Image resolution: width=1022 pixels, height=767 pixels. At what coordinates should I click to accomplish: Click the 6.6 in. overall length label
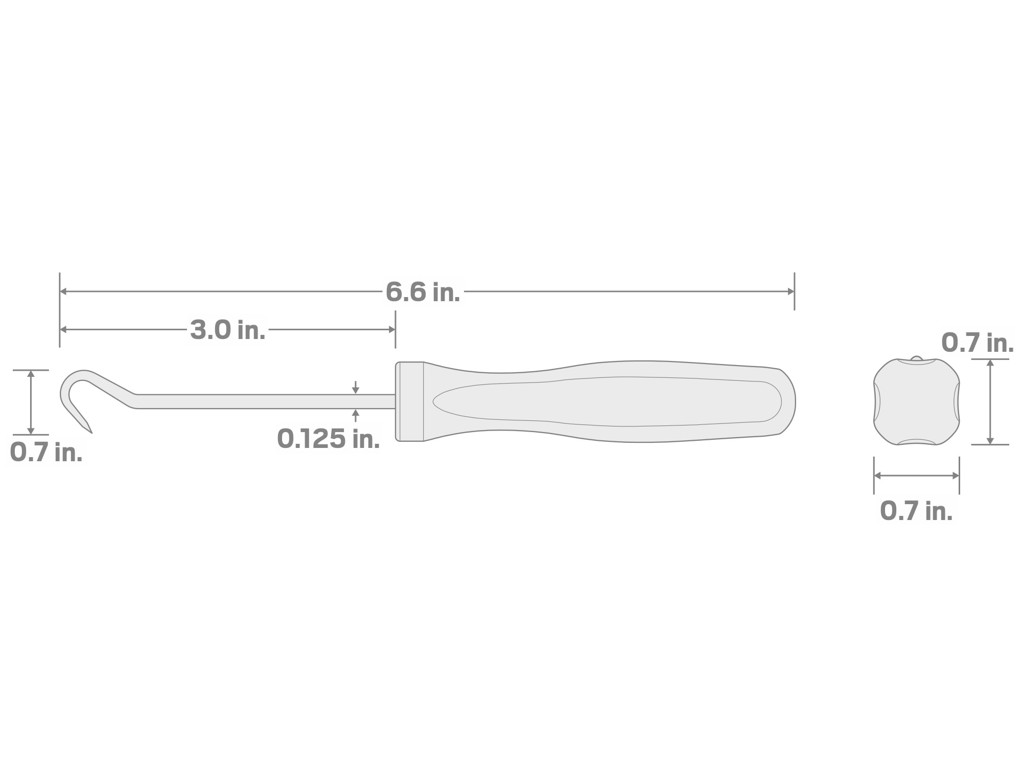point(423,292)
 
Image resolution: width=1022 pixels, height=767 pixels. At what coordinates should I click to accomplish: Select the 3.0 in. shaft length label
point(228,330)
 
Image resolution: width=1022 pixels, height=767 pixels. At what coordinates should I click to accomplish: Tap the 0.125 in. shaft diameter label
point(329,439)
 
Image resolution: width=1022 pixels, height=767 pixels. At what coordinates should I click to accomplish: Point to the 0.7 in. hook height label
point(46,453)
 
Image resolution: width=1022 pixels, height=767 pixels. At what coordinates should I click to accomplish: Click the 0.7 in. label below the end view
point(916,511)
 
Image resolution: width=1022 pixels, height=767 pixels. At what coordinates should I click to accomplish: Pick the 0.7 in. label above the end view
point(978,343)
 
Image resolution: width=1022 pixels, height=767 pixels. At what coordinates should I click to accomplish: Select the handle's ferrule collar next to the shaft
point(410,401)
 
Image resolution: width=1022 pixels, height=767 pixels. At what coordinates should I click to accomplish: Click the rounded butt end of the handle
point(790,401)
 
